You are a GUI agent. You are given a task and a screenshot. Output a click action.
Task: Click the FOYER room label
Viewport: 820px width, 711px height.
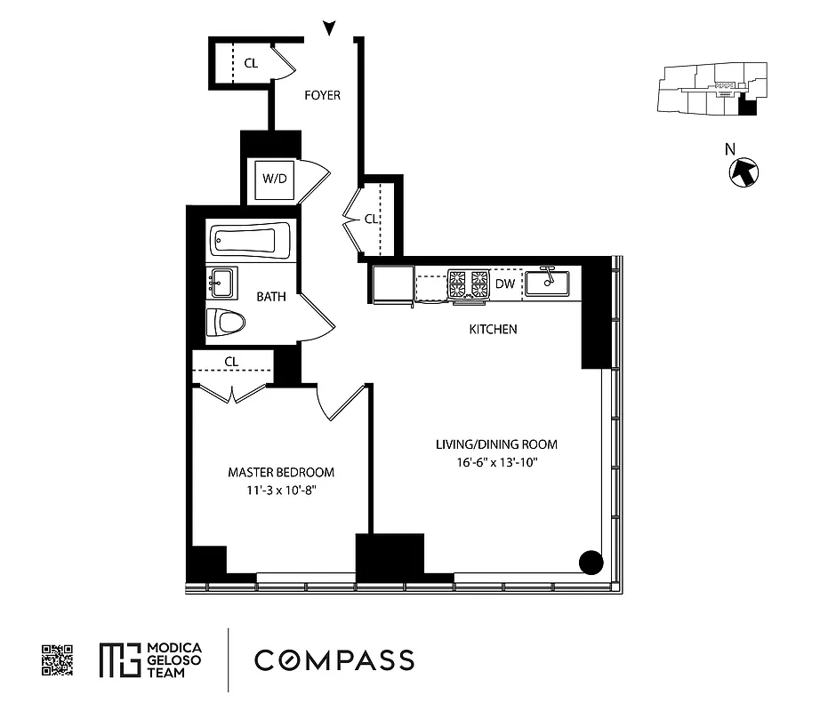tap(322, 95)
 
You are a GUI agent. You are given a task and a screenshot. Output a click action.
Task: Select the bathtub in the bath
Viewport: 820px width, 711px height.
tap(251, 242)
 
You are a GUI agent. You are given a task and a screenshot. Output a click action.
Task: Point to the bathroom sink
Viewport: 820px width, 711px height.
tap(221, 284)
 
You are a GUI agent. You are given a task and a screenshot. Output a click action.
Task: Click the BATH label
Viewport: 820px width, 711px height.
tap(271, 297)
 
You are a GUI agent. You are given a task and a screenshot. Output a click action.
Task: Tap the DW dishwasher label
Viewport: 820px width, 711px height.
tap(505, 284)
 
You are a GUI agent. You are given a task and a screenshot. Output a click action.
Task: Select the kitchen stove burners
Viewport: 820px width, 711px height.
tap(468, 284)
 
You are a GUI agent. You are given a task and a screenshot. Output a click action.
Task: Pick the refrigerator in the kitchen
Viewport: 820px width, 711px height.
tap(392, 284)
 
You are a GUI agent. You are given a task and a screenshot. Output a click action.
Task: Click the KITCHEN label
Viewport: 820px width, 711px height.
tap(493, 330)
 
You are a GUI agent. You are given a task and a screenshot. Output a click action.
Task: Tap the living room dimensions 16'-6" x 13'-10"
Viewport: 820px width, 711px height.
tap(496, 462)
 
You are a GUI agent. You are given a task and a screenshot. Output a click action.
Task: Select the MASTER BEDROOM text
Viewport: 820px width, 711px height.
tap(281, 472)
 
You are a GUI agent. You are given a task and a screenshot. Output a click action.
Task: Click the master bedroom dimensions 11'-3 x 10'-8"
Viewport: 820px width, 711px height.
tap(281, 490)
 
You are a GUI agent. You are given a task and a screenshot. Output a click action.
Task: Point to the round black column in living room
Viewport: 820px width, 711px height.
tap(591, 562)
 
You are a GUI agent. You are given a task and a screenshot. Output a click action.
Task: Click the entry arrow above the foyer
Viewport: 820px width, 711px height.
tap(330, 29)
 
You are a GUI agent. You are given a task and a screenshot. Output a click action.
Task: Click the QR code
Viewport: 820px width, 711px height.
tap(58, 660)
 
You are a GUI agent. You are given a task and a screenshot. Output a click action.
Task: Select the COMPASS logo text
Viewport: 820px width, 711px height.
tap(334, 660)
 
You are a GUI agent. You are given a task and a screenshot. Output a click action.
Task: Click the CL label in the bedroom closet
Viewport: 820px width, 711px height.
tap(231, 362)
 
